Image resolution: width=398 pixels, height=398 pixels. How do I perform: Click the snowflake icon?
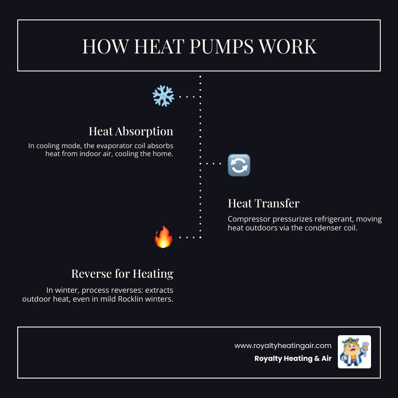coord(163,96)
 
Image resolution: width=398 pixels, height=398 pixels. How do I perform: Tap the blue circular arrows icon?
coord(239,165)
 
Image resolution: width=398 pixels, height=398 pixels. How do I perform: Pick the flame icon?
coord(163,237)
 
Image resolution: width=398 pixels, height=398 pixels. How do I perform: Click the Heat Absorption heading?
coord(131,131)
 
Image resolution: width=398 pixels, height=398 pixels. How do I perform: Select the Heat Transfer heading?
coord(264,203)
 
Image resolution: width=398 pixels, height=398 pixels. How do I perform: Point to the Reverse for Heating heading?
coord(122,274)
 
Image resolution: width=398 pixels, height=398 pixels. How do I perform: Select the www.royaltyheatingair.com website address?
coord(283,345)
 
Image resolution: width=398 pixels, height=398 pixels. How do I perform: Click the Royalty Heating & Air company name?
coord(293,359)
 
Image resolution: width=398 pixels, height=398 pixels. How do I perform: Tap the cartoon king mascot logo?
coord(354,352)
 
